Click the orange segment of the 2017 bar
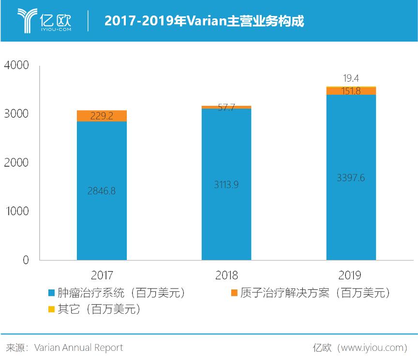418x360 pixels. coord(102,116)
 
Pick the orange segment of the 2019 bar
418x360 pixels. coord(351,91)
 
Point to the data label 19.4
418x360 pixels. coord(351,78)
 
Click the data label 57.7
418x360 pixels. coord(226,107)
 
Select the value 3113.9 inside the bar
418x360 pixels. coord(226,184)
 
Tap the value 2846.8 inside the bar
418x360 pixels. coord(102,191)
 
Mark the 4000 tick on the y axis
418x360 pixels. coord(16,65)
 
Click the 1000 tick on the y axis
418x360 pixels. coord(16,212)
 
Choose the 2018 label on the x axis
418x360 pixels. coord(226,276)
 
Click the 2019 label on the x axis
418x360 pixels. coord(350,276)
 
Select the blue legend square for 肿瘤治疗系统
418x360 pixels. coord(51,293)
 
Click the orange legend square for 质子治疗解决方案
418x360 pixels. coord(234,293)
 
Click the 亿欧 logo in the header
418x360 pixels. coord(45,20)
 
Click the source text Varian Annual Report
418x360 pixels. coord(78,347)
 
